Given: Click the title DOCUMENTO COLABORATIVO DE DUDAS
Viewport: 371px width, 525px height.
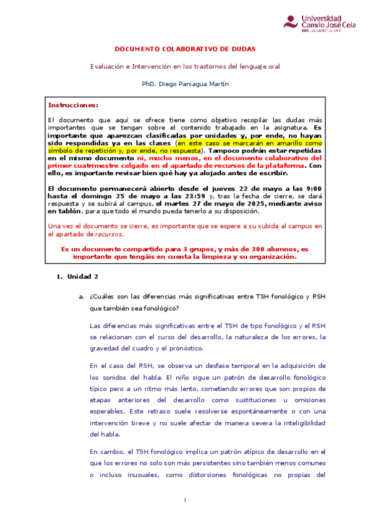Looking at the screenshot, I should point(185,49).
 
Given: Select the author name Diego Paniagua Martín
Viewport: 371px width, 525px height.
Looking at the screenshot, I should point(194,84).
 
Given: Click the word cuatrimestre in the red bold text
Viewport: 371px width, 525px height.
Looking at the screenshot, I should point(91,166).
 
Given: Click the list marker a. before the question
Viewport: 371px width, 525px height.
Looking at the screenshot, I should point(80,297).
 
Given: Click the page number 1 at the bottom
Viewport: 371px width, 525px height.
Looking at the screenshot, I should point(185,516).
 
